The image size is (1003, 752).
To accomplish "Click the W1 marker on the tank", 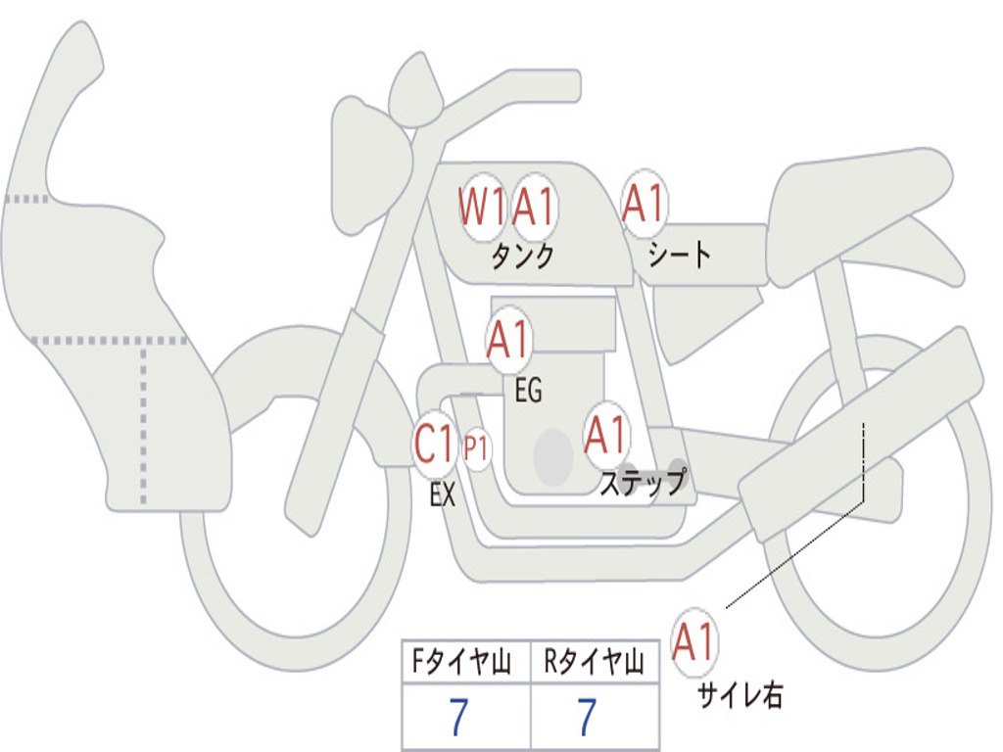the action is point(482,207).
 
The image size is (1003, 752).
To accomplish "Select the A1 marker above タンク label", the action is point(535,207).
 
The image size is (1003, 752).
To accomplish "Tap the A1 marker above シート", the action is point(644,204).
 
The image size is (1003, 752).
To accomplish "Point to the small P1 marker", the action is point(477,449).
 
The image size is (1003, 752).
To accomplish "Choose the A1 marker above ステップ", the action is point(605,436).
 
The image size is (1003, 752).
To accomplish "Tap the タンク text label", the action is point(522,257).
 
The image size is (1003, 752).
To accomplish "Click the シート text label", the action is point(680,256).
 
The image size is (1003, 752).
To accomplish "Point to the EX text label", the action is point(443,495).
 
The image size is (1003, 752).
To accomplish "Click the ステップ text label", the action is point(643,482).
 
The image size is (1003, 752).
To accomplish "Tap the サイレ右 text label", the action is point(740,696).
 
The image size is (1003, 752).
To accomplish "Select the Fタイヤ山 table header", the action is point(465,665).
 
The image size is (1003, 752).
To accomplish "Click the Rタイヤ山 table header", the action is point(594,665).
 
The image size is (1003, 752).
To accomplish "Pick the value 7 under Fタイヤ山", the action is point(457,719).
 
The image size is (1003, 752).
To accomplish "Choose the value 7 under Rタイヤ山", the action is point(586,719).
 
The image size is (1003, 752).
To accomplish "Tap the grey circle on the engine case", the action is point(553,456).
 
